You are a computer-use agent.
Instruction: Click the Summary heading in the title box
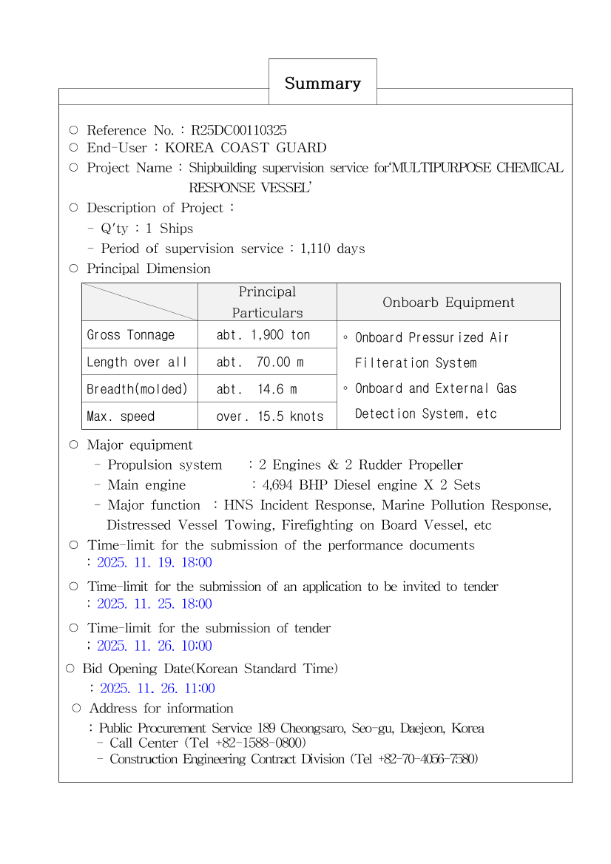click(x=323, y=84)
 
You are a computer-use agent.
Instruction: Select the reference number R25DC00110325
click(x=239, y=130)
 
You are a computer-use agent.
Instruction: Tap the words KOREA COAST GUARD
click(x=246, y=148)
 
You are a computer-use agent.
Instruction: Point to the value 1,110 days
click(x=333, y=249)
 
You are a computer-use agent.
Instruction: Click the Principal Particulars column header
click(x=267, y=302)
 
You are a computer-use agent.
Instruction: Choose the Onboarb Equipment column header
click(x=448, y=303)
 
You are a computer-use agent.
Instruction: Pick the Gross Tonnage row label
click(x=131, y=335)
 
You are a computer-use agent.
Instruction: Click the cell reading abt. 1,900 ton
click(x=263, y=335)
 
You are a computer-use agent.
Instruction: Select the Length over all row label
click(x=137, y=362)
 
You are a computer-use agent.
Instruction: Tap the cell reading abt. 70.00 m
click(x=260, y=362)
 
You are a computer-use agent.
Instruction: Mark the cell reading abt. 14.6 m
click(x=257, y=389)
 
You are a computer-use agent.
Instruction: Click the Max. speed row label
click(x=121, y=416)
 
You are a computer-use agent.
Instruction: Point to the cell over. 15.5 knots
click(x=270, y=416)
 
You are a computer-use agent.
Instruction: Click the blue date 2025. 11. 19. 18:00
click(x=155, y=562)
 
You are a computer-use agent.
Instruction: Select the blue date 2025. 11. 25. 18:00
click(x=155, y=604)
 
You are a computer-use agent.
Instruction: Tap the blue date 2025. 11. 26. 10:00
click(x=155, y=646)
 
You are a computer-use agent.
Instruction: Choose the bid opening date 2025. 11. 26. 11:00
click(x=158, y=689)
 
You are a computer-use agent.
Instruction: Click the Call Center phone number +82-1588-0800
click(x=258, y=743)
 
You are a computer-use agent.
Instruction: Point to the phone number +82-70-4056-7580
click(x=425, y=759)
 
